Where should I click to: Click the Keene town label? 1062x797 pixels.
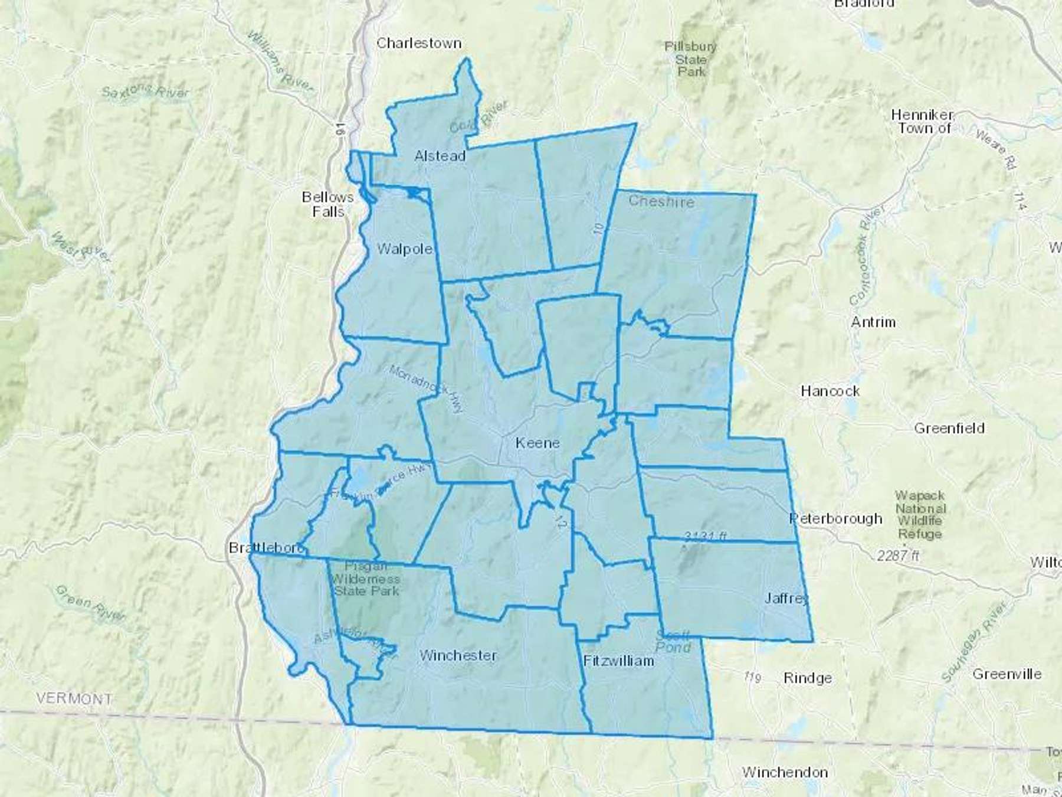(537, 443)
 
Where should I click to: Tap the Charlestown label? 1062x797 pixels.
(419, 43)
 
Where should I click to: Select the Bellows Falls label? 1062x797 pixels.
(327, 204)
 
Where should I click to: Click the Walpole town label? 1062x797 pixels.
(405, 249)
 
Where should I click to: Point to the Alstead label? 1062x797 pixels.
(440, 156)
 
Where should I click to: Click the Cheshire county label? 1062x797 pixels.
(661, 201)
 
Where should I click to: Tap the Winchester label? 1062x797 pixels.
(458, 655)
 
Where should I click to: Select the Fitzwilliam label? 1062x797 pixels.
(618, 661)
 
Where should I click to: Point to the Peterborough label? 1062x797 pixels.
(836, 518)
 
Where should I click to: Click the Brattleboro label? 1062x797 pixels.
(266, 548)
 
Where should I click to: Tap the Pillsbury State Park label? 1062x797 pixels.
(691, 59)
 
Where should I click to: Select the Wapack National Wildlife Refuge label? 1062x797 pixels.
(920, 515)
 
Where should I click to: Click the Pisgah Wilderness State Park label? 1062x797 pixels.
(366, 578)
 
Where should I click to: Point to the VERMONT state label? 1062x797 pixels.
(74, 698)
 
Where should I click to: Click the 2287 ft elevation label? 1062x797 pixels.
(898, 556)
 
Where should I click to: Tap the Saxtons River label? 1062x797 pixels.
(145, 92)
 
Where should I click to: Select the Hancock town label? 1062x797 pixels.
(830, 391)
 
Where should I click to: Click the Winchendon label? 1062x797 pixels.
(785, 772)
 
